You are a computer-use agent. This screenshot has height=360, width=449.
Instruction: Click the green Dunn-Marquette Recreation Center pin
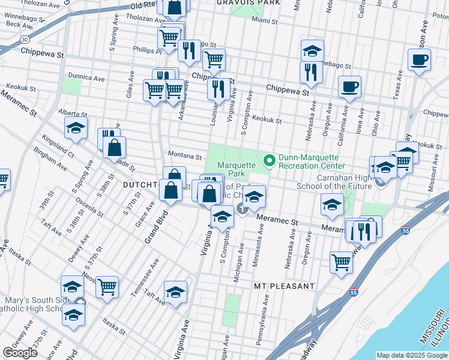point(270,160)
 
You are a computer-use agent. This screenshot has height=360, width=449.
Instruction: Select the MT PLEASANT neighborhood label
point(284,286)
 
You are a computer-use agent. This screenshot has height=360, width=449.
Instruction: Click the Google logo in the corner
point(20,352)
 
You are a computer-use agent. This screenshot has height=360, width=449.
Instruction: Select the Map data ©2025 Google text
point(412,355)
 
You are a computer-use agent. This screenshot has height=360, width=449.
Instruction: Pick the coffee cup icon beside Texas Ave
point(419,60)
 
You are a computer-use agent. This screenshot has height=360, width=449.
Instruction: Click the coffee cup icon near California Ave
point(349,87)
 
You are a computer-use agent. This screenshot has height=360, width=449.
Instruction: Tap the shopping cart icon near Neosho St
point(107,287)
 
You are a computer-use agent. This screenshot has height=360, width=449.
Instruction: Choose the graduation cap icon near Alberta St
point(76,128)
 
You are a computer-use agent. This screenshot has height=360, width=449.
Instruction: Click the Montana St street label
point(184,157)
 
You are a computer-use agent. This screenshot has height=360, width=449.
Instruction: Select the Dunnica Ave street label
point(86,77)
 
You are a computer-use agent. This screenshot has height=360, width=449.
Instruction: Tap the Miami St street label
point(265,20)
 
